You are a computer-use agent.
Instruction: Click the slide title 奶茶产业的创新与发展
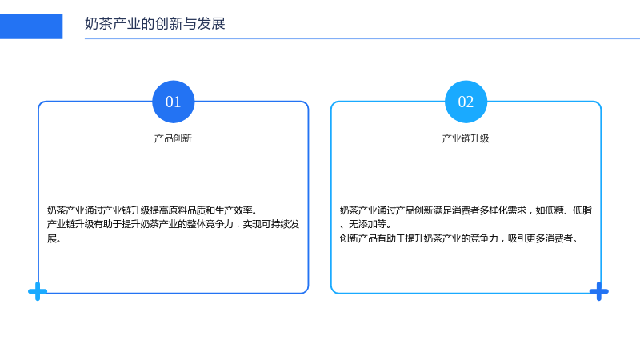tap(155, 24)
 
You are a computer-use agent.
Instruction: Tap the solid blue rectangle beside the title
tap(31, 26)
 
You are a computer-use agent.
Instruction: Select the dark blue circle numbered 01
tap(173, 102)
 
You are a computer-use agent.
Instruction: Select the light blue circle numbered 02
tap(466, 102)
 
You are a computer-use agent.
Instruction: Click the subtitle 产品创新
tap(173, 138)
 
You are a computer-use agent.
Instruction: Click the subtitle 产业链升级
tap(466, 138)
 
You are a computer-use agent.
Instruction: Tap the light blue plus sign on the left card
tap(38, 291)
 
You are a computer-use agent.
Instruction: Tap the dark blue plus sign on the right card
tap(599, 291)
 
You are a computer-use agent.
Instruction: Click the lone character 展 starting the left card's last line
tap(52, 238)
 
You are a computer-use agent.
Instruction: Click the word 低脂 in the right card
tap(582, 210)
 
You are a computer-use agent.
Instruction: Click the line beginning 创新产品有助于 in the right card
tap(459, 238)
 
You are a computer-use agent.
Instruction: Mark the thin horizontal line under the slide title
tap(362, 38)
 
